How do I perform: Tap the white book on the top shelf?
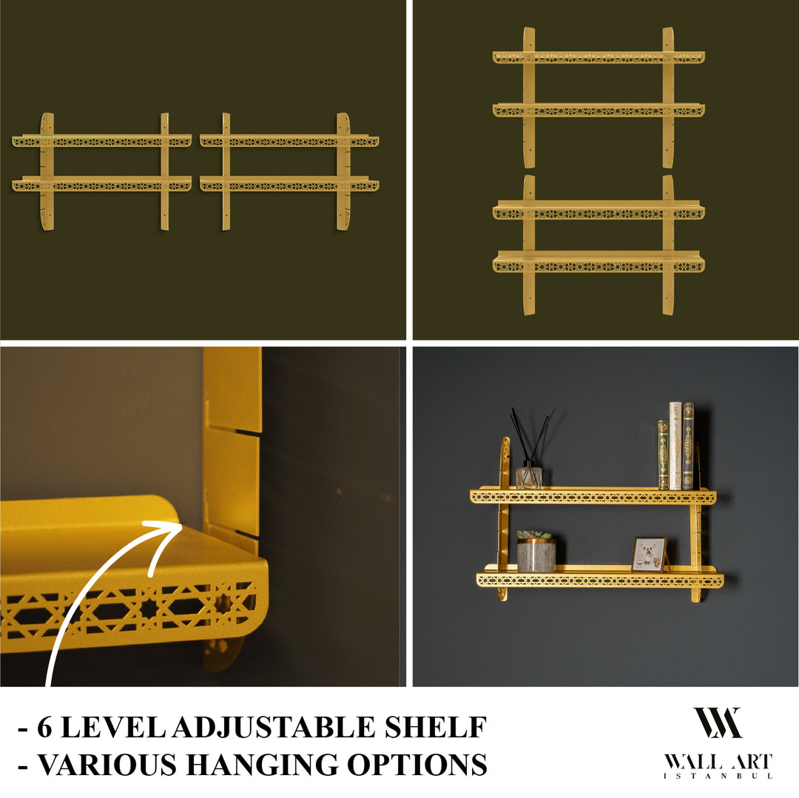(675, 446)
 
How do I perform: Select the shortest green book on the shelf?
(663, 455)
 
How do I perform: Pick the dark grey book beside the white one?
(688, 446)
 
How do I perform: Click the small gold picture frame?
(649, 554)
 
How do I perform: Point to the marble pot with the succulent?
(536, 555)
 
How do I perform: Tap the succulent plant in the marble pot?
(534, 534)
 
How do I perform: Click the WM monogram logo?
(717, 723)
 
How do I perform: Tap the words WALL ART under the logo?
(717, 762)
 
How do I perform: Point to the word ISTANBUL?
(717, 776)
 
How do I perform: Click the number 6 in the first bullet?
(44, 728)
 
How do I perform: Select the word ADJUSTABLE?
(274, 728)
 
